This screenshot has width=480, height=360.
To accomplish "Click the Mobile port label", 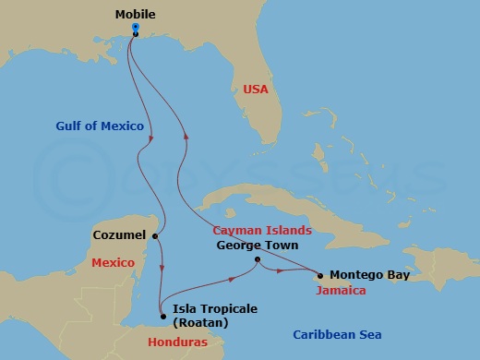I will tap(135, 15).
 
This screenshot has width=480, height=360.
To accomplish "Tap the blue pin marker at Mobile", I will tap(135, 29).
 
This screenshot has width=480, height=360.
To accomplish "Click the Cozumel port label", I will tap(120, 236).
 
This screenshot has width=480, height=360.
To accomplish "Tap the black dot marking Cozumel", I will tap(155, 236).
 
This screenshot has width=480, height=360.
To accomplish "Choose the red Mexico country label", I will tap(113, 263).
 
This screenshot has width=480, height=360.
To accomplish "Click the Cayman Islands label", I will tap(261, 230).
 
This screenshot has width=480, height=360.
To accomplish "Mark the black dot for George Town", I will tap(257, 260).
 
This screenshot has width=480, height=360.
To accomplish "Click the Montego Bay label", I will tap(367, 275).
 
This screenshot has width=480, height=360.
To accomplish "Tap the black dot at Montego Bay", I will tap(320, 275).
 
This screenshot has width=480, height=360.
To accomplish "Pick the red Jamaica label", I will tap(341, 291).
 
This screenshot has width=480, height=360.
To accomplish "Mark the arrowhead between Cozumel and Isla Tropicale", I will tap(162, 269).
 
